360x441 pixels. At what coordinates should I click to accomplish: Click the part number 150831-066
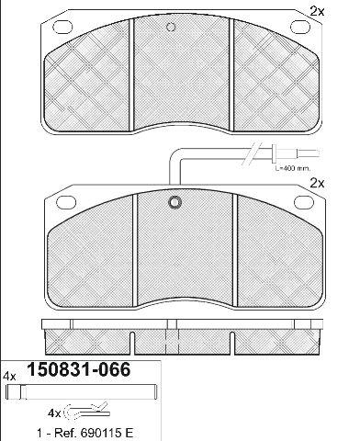79,369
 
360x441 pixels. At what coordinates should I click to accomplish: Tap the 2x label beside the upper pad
317,12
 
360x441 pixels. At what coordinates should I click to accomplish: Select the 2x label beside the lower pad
317,183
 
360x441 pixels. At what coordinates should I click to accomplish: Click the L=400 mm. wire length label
292,168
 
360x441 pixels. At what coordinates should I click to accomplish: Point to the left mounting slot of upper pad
62,27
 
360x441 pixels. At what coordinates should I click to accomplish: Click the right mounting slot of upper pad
300,27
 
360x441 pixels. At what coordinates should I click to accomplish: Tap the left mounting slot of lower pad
66,202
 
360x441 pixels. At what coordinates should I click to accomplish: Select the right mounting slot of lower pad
304,202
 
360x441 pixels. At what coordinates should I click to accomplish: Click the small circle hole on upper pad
171,27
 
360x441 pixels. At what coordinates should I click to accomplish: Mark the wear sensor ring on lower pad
174,202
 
